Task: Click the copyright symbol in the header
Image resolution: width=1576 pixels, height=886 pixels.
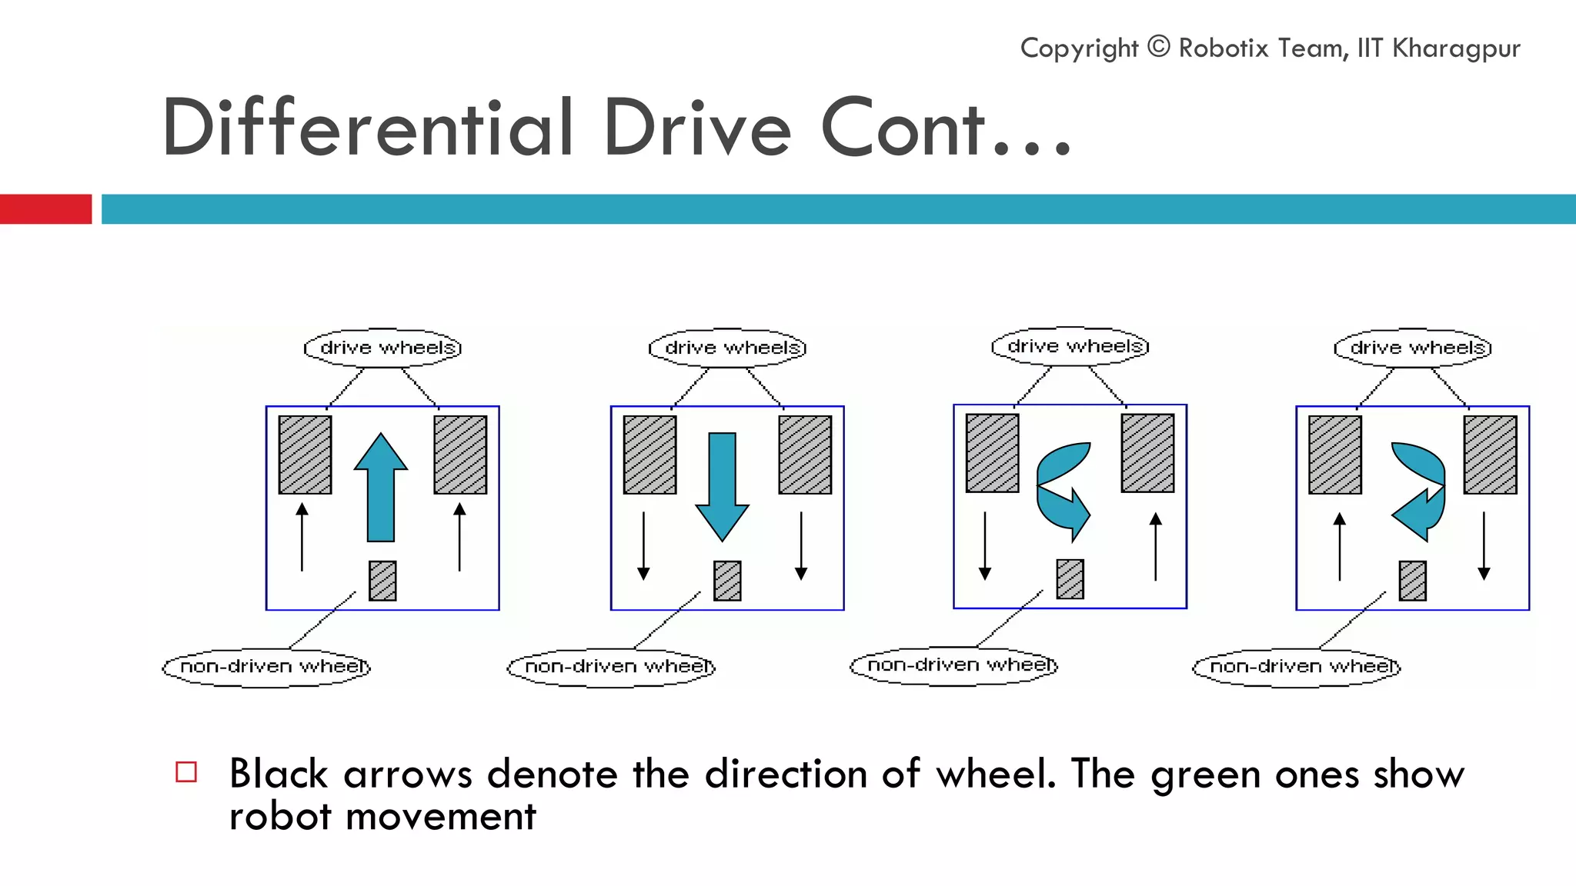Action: pyautogui.click(x=1158, y=47)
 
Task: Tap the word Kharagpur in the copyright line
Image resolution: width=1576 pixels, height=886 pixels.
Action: pyautogui.click(x=1456, y=48)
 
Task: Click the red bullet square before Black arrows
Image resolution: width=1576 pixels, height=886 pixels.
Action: pyautogui.click(x=186, y=771)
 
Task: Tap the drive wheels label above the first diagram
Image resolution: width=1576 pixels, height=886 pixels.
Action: pyautogui.click(x=383, y=348)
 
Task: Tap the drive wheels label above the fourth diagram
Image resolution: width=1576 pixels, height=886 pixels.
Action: pyautogui.click(x=1413, y=348)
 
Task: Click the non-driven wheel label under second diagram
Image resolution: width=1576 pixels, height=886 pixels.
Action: pyautogui.click(x=612, y=666)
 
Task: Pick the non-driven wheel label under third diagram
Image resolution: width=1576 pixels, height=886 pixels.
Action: pyautogui.click(x=954, y=664)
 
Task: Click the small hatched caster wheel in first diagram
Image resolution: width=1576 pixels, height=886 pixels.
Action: pyautogui.click(x=382, y=581)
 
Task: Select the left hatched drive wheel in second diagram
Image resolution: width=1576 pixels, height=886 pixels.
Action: pyautogui.click(x=649, y=455)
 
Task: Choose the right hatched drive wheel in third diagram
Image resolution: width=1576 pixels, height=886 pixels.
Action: pyautogui.click(x=1147, y=453)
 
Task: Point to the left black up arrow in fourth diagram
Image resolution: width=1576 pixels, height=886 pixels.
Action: pyautogui.click(x=1340, y=546)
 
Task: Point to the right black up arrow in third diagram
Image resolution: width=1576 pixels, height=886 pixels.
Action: pyautogui.click(x=1156, y=546)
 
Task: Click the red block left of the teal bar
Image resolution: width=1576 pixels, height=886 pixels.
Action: pyautogui.click(x=45, y=209)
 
